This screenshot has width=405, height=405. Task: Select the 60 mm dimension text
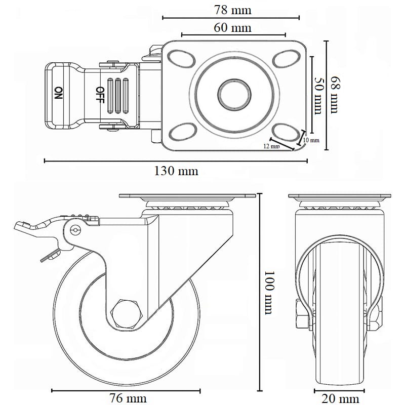pyautogui.click(x=232, y=27)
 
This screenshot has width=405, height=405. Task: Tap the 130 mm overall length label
pyautogui.click(x=176, y=171)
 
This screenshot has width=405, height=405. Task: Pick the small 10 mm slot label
pyautogui.click(x=311, y=140)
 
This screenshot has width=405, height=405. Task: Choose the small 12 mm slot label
pyautogui.click(x=272, y=146)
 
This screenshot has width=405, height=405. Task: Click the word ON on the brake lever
pyautogui.click(x=59, y=93)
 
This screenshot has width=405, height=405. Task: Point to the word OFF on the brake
pyautogui.click(x=100, y=94)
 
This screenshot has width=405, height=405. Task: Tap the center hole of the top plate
pyautogui.click(x=234, y=94)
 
